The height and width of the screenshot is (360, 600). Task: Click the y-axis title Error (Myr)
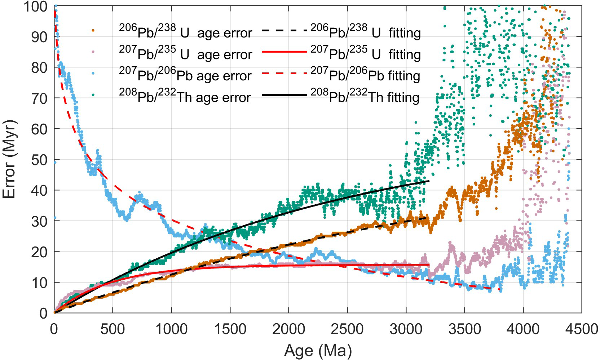(x=9, y=159)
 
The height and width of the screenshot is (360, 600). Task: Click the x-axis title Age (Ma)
(x=318, y=350)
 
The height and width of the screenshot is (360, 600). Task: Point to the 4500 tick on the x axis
(x=581, y=329)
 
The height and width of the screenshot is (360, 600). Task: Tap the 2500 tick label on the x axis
(x=347, y=329)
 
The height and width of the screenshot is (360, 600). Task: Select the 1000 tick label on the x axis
(x=171, y=329)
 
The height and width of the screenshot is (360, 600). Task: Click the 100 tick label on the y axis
(x=35, y=6)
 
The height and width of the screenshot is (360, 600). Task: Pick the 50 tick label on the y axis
(x=40, y=160)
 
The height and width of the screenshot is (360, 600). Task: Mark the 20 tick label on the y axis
(x=40, y=252)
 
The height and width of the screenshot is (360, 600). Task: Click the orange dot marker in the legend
(x=93, y=31)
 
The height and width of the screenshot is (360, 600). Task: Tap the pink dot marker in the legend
(x=93, y=52)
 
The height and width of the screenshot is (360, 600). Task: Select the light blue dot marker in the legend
(x=93, y=73)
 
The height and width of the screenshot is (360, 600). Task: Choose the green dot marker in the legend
(x=93, y=95)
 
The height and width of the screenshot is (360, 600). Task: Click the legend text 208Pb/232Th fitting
(x=365, y=97)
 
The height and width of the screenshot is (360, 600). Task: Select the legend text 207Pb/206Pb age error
(x=185, y=75)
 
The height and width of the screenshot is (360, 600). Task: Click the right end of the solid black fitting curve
(x=429, y=181)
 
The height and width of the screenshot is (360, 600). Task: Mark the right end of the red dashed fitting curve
(x=500, y=289)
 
